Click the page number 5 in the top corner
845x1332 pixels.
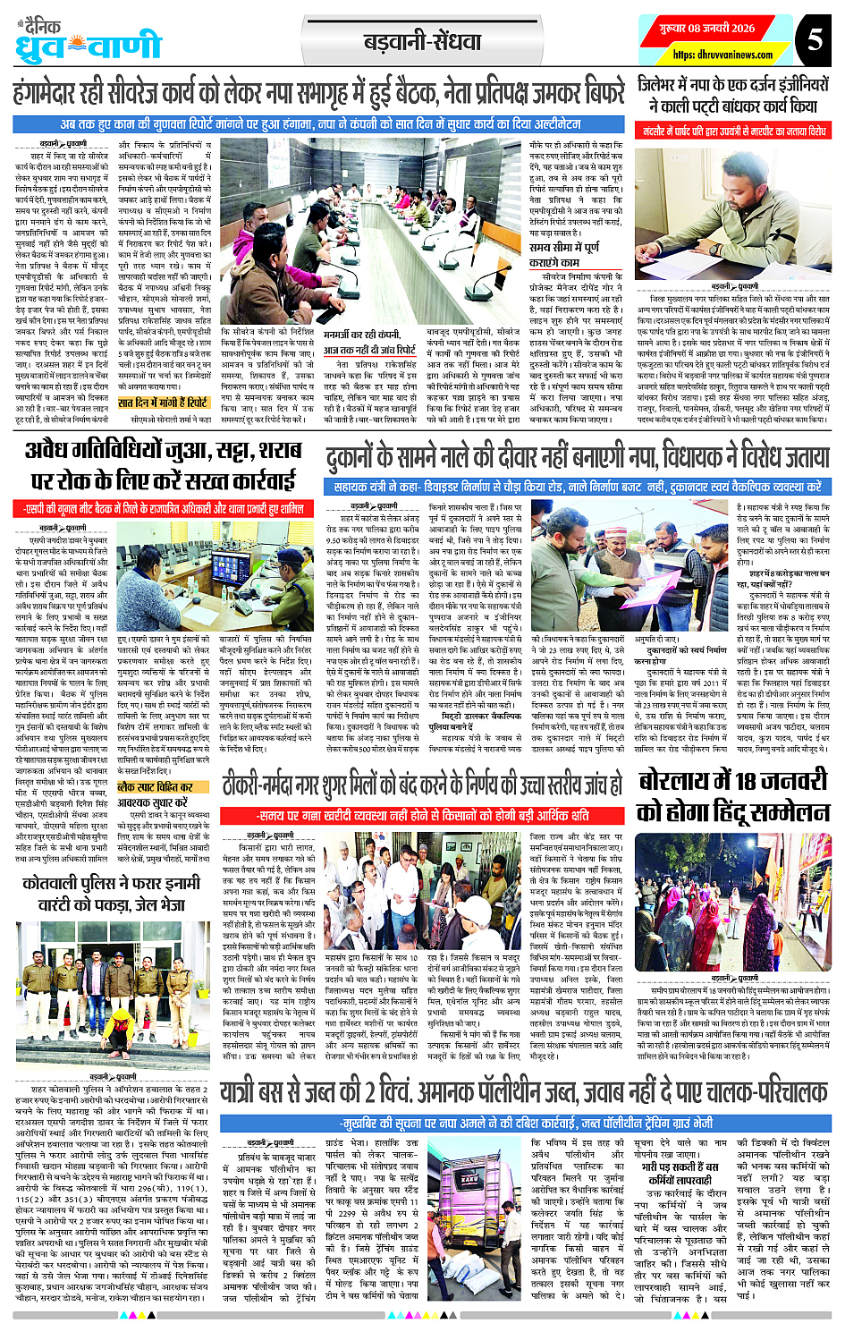[814, 40]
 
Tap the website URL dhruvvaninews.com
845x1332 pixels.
[723, 55]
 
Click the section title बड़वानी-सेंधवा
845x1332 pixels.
[423, 41]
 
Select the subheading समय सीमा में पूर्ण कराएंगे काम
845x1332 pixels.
[565, 254]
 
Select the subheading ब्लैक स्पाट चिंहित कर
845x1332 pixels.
[155, 787]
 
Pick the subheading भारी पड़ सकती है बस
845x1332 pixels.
[680, 1167]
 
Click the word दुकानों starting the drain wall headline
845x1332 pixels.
[358, 457]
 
